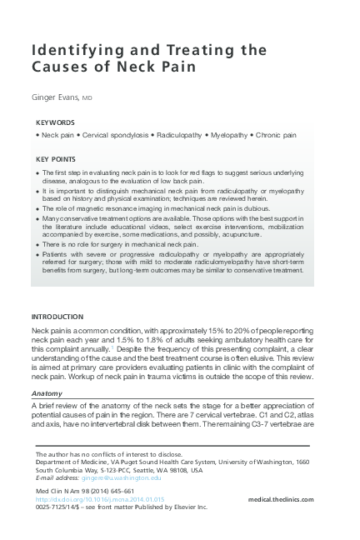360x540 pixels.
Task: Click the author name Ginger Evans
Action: tap(55, 97)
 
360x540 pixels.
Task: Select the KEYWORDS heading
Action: tap(56, 122)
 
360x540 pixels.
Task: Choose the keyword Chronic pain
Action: tap(274, 134)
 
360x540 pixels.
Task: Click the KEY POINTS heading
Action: tap(57, 158)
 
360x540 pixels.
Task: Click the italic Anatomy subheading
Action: tap(47, 392)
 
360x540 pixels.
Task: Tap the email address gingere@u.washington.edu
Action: tap(121, 477)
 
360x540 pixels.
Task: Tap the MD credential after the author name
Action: tap(87, 97)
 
